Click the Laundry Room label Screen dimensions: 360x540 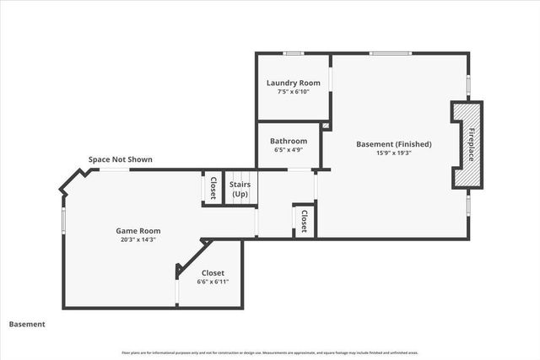[x=293, y=83]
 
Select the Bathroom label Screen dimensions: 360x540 [x=289, y=141]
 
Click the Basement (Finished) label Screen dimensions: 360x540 [x=393, y=144]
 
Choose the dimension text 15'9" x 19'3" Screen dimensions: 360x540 [x=393, y=153]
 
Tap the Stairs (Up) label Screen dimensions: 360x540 [x=240, y=189]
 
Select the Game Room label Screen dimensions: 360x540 [x=138, y=230]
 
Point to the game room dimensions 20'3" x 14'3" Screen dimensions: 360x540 [x=138, y=239]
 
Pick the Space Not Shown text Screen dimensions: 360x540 [x=121, y=159]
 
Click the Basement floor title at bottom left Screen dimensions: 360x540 [x=27, y=324]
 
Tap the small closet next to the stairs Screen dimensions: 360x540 [x=213, y=187]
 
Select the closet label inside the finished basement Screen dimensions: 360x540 [x=303, y=220]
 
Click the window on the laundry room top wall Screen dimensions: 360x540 [x=293, y=53]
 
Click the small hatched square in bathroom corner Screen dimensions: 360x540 [x=326, y=126]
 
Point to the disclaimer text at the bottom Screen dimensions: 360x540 [x=270, y=352]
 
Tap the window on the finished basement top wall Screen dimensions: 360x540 [x=390, y=53]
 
